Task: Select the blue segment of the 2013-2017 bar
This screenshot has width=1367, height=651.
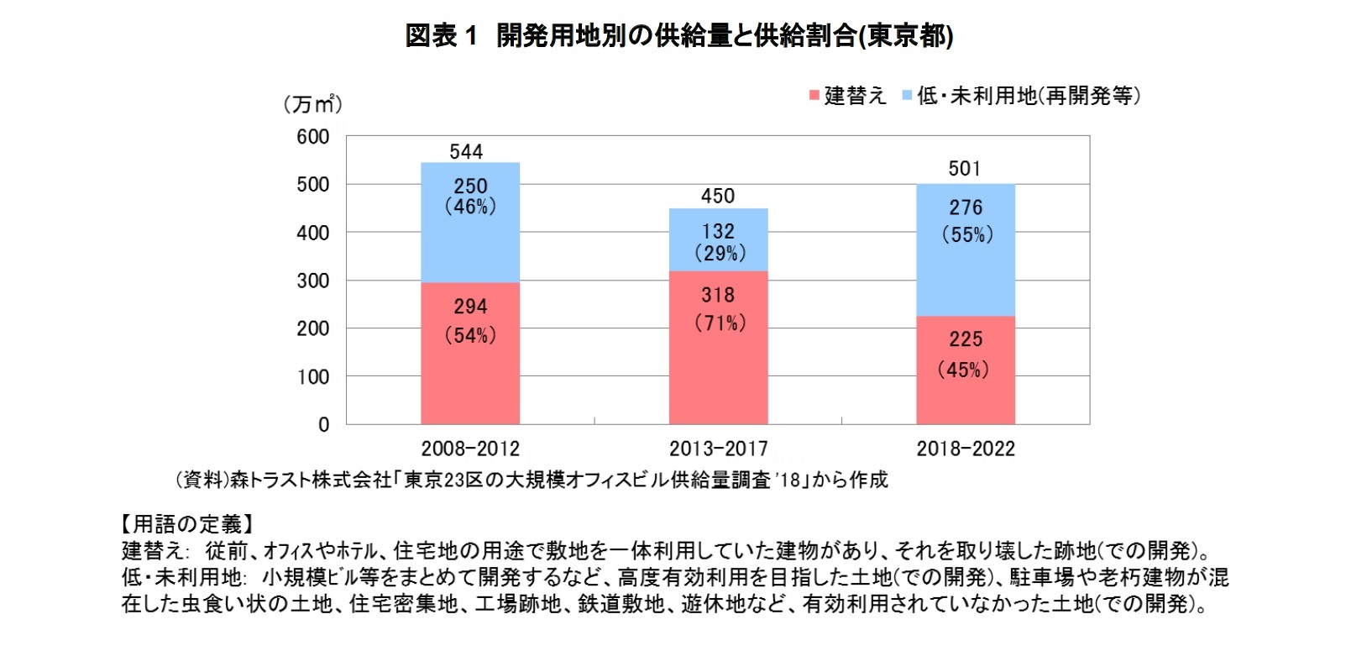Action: click(718, 240)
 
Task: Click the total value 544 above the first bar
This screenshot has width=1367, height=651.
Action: click(466, 152)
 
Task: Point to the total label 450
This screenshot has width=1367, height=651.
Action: click(718, 197)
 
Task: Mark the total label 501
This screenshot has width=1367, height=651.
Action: click(964, 169)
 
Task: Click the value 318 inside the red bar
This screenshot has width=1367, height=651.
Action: click(718, 296)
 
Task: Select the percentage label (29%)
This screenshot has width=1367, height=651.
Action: click(720, 254)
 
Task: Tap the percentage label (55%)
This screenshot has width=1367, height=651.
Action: click(966, 235)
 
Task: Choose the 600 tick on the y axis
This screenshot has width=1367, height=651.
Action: click(313, 137)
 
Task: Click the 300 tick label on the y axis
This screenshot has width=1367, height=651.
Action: click(313, 281)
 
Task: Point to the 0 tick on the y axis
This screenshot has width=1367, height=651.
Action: click(323, 425)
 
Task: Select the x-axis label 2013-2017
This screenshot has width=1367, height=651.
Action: click(718, 449)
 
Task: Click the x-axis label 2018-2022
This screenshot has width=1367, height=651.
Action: click(966, 449)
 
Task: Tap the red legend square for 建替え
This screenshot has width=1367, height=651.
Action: click(814, 96)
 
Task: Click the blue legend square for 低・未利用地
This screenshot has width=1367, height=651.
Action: click(907, 96)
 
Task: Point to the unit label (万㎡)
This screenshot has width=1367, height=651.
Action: click(312, 104)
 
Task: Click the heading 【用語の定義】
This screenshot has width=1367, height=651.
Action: click(186, 525)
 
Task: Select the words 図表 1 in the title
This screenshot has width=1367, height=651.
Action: click(441, 36)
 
